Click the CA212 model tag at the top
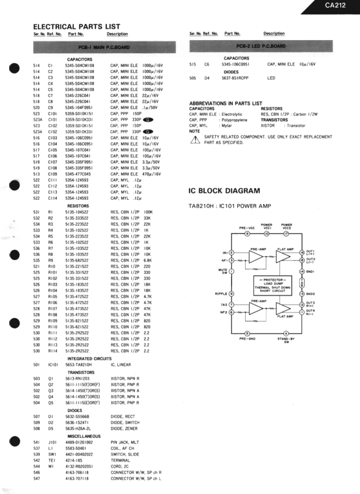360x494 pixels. click(x=335, y=6)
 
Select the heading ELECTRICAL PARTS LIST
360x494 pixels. click(x=77, y=27)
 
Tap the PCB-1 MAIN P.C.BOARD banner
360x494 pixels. click(x=104, y=46)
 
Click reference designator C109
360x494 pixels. click(x=52, y=174)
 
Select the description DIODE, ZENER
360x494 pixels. click(x=124, y=428)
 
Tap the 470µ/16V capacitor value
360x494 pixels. click(x=151, y=174)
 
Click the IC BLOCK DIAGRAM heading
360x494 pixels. click(x=224, y=191)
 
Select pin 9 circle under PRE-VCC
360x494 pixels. click(x=247, y=233)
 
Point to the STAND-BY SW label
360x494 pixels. click(x=287, y=340)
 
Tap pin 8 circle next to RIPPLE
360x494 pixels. click(x=231, y=294)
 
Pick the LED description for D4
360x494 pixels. click(x=271, y=78)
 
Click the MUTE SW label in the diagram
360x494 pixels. click(x=223, y=272)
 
